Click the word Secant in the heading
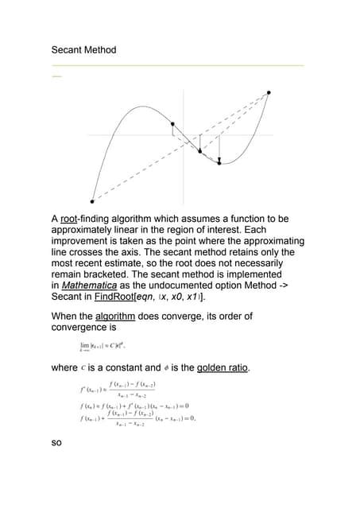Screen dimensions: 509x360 pos(68,50)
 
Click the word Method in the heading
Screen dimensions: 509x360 pos(101,50)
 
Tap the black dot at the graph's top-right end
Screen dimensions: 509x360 pos(269,92)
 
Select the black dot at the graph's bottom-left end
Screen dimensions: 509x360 pos(92,201)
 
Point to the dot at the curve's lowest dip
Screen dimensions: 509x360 pos(219,161)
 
